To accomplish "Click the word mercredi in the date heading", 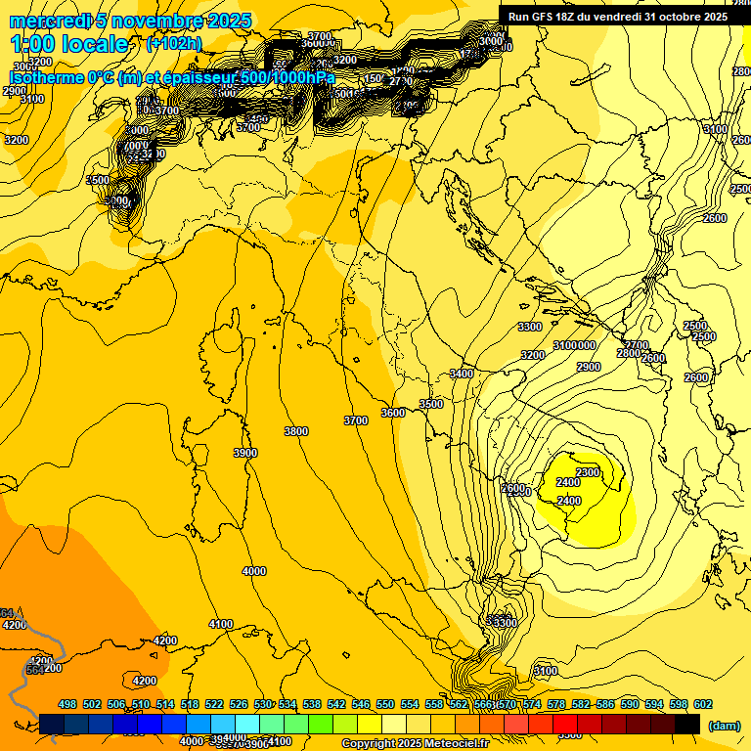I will [x=44, y=21].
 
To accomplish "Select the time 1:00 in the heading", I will [x=35, y=44].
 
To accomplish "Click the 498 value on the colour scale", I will [x=67, y=704].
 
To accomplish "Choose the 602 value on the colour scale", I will [x=702, y=704].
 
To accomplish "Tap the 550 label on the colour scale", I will [x=385, y=704].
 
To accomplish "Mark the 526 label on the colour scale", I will [x=239, y=704].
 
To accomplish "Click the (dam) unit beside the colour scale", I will [x=724, y=725].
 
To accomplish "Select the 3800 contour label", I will [x=295, y=431].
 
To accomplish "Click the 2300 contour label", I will [x=588, y=472].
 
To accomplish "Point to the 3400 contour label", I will [x=462, y=374].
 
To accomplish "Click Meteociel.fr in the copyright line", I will [x=465, y=744].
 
